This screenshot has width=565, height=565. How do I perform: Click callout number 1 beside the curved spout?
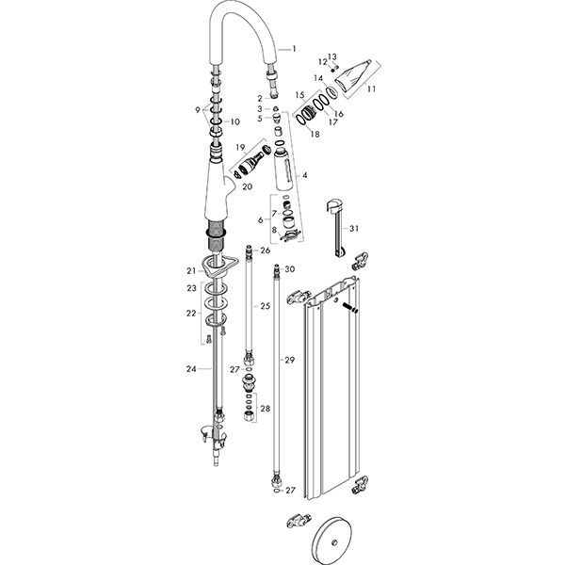coord(296,48)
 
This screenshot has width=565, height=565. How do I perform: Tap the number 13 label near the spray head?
coord(331,56)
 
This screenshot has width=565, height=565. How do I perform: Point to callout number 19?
coord(239,146)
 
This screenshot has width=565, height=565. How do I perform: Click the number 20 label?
coord(247,186)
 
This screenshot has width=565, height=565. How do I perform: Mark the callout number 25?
coord(266,306)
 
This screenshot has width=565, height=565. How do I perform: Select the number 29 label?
coord(290,360)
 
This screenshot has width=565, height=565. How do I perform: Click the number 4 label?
coord(304,175)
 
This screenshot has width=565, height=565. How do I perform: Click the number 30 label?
coord(290,269)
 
